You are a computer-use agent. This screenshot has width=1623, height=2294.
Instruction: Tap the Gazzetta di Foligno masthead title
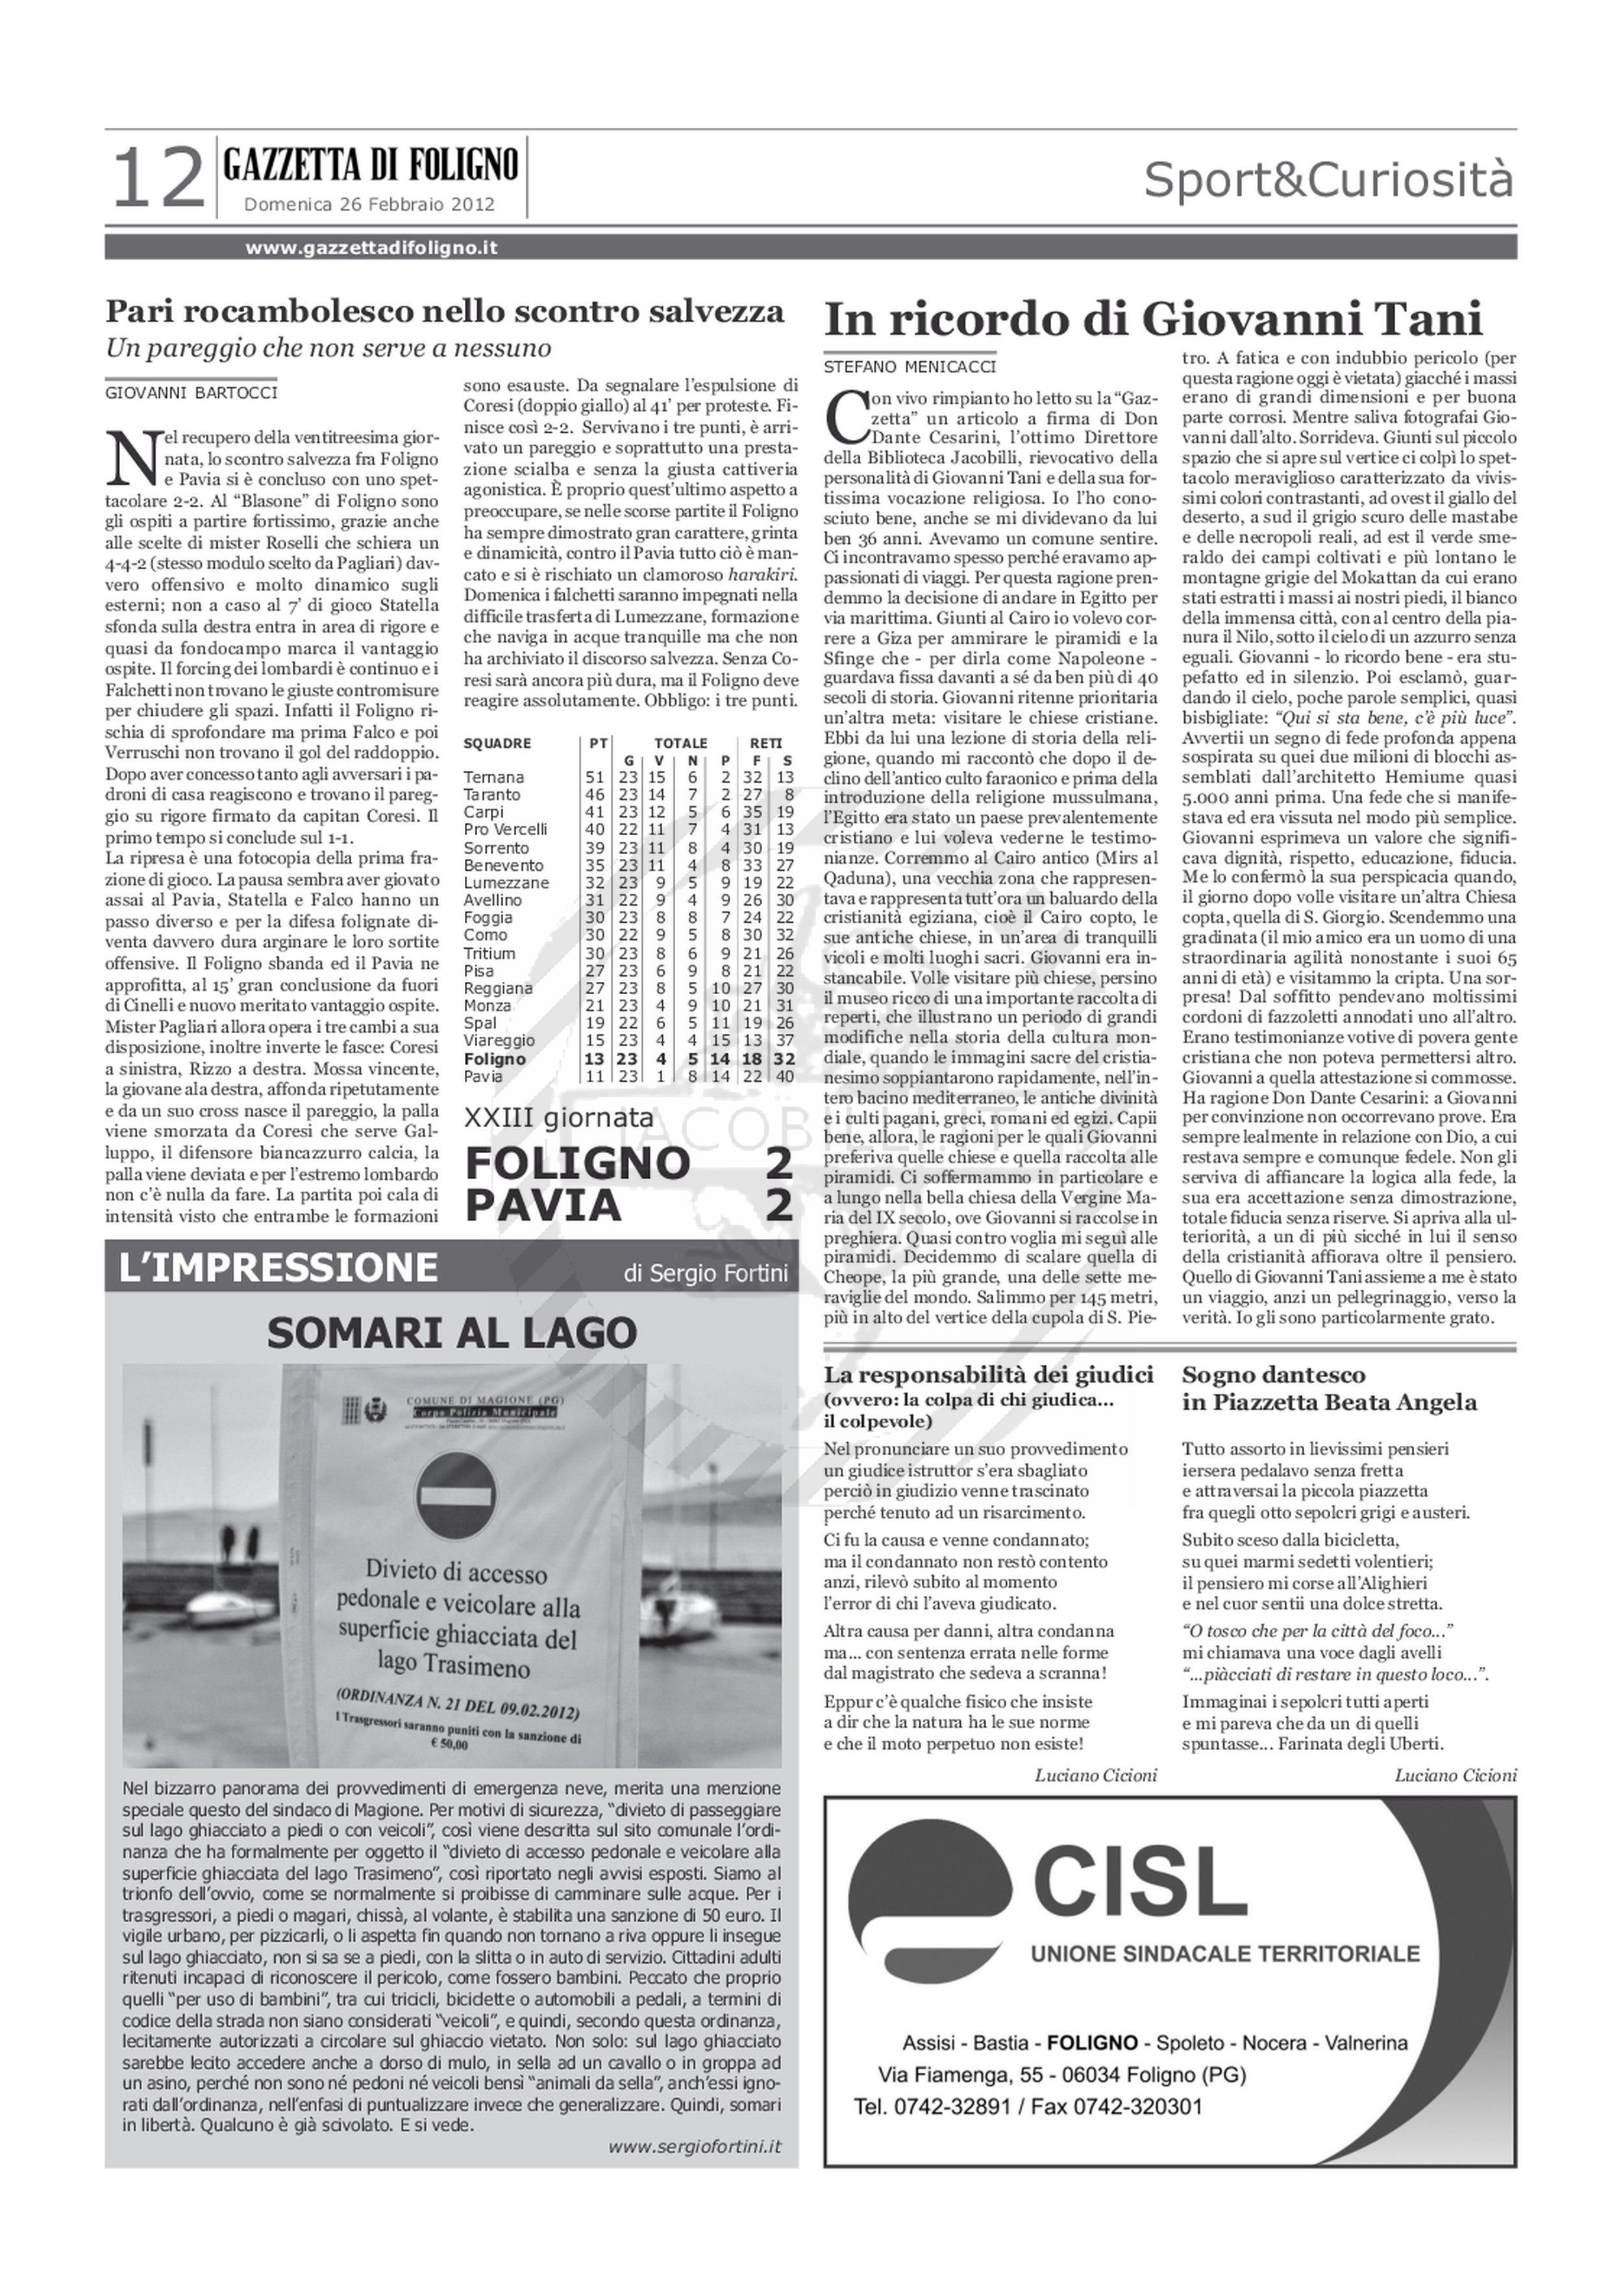[x=371, y=164]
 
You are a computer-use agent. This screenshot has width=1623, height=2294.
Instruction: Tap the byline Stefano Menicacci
[x=910, y=367]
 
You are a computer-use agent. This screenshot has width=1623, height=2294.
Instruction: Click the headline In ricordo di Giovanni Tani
[x=1152, y=320]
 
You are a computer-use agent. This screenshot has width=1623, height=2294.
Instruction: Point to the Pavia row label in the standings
[x=484, y=1076]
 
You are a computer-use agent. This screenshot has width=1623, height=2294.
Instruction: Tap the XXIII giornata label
[x=559, y=1116]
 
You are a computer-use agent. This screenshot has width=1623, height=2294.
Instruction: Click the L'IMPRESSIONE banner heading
[x=278, y=1267]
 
